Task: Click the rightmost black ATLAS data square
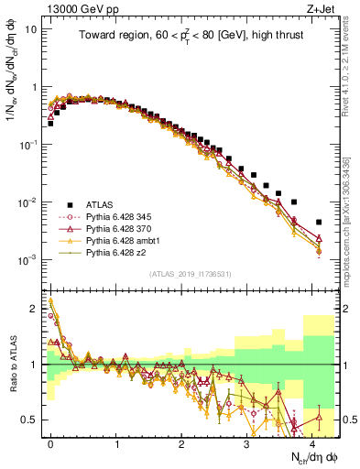coord(318,222)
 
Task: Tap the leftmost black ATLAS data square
coord(50,123)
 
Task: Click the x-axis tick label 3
coord(246,442)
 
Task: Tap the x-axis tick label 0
coord(50,442)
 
